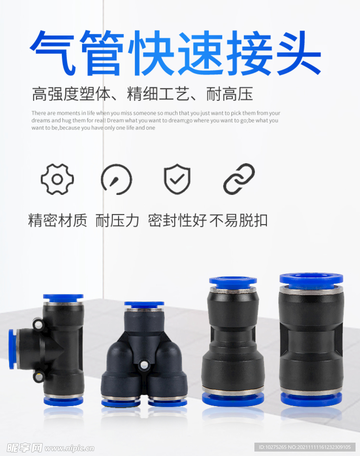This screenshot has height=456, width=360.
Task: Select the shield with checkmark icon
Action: click(x=177, y=179)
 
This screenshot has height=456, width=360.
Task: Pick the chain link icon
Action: click(x=239, y=179)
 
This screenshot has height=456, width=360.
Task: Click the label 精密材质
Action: click(x=57, y=220)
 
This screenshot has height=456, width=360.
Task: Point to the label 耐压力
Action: click(x=117, y=220)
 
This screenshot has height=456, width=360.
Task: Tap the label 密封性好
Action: click(x=177, y=220)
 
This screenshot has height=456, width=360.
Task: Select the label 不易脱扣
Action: click(x=238, y=220)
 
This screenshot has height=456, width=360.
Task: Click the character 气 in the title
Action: click(x=53, y=53)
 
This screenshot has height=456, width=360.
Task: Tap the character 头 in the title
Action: click(x=299, y=53)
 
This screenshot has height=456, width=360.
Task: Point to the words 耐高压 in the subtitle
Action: click(x=229, y=94)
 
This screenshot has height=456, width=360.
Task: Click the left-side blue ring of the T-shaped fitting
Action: click(x=12, y=349)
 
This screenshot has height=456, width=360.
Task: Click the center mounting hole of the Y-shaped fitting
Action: click(x=143, y=365)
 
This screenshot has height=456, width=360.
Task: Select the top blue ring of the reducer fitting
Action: click(x=233, y=281)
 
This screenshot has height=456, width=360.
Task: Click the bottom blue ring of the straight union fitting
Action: click(x=311, y=399)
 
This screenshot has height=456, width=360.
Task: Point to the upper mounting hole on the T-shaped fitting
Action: click(x=38, y=324)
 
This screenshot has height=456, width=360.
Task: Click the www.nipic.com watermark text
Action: click(x=70, y=448)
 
